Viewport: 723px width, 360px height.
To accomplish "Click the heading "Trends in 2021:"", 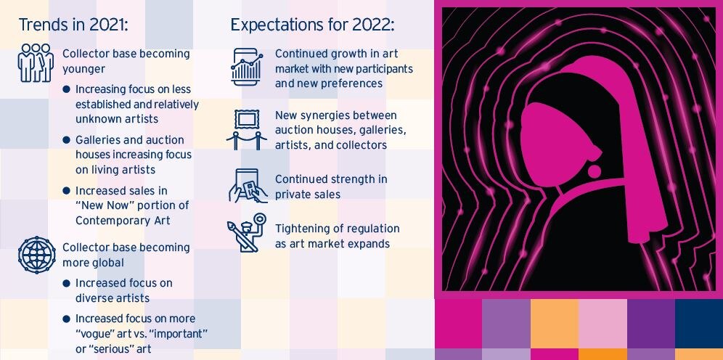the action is click(73, 25).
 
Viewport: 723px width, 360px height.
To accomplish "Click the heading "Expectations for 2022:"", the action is click(313, 25).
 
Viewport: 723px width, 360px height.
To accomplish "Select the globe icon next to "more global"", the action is click(36, 255).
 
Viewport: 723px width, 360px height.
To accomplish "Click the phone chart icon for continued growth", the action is click(246, 67).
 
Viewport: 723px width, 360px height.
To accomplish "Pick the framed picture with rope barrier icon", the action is click(246, 129).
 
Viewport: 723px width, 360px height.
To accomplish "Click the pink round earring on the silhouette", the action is click(595, 171).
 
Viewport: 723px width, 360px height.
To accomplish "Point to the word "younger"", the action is click(84, 69).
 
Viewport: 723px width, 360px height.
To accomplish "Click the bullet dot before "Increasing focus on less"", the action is click(66, 89).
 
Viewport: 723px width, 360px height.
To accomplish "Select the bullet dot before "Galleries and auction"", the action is click(66, 139).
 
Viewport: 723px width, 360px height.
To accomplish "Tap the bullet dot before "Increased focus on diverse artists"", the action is click(66, 282).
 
